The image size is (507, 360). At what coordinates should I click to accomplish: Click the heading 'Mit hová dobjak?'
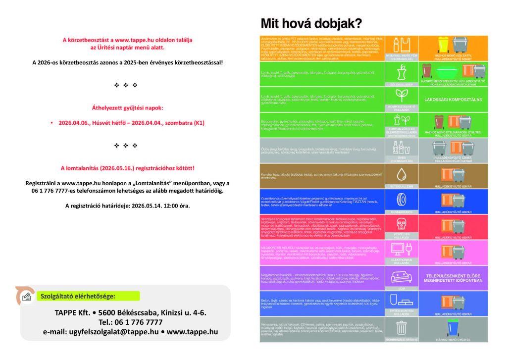point(311,23)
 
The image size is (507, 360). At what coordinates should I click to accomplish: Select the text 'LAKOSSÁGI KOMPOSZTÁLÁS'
point(453,100)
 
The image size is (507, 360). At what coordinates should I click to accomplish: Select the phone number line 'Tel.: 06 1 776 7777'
point(131,322)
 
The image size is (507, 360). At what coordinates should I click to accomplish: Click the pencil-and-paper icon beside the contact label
point(26,296)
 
